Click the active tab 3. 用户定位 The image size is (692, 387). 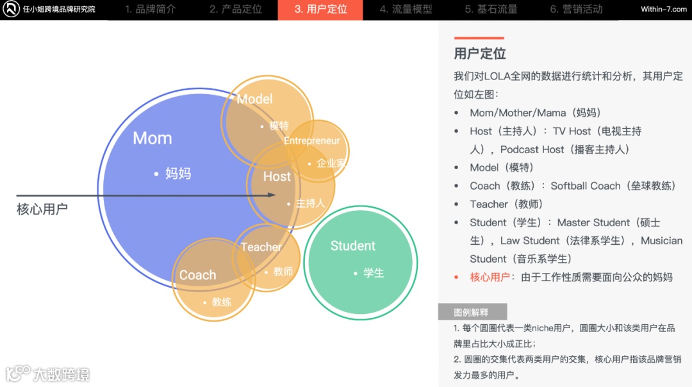point(320,10)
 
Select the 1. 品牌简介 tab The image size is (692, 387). point(150,10)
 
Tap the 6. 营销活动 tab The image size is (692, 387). point(576,10)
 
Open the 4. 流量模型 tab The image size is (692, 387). point(406,10)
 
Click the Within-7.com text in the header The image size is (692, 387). point(663,10)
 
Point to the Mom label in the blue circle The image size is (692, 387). point(152,138)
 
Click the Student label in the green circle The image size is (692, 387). point(353,246)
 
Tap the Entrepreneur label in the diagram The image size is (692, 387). point(312,141)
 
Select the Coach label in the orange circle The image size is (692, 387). point(197,276)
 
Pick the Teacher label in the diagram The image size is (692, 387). point(261,247)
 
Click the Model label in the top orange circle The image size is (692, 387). point(254,99)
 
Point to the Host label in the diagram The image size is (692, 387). point(277,177)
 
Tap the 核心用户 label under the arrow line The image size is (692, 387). point(42,210)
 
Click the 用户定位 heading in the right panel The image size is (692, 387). point(480,54)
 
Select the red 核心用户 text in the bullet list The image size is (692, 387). point(490,277)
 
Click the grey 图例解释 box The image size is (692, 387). point(472,313)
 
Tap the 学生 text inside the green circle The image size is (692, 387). point(374,274)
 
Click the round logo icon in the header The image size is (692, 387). point(11,10)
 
